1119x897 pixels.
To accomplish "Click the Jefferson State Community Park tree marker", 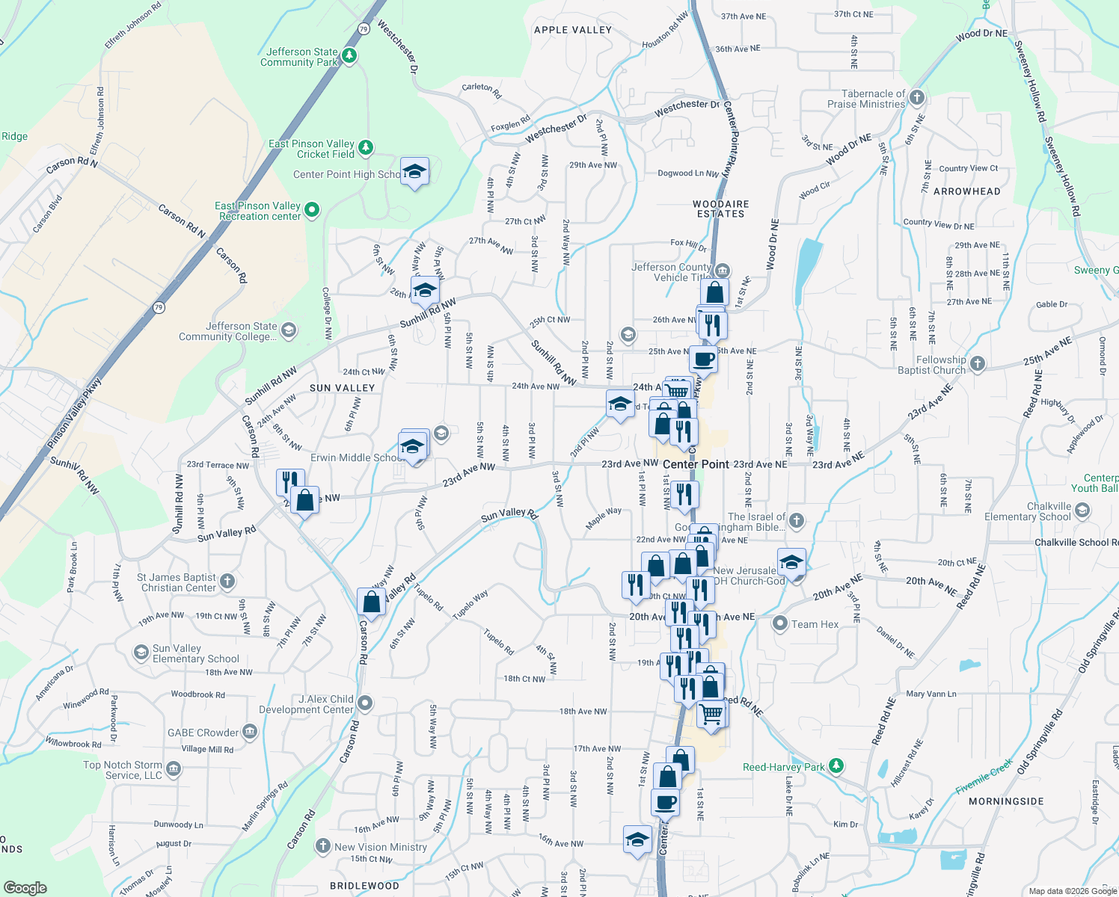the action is (x=349, y=56).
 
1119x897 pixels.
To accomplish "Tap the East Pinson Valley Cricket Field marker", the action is (x=365, y=147).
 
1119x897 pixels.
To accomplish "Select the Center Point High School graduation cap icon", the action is (x=414, y=173).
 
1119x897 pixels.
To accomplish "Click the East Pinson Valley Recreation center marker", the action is (x=312, y=211).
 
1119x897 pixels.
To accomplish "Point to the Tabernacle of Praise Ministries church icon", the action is (x=916, y=98).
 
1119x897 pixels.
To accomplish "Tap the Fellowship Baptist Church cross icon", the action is (x=977, y=364).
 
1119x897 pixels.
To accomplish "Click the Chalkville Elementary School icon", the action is (x=1082, y=511).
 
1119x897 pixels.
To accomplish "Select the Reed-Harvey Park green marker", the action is (x=836, y=766).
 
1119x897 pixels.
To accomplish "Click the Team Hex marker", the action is (x=780, y=623).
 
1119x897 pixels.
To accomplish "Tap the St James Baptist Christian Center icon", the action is (x=227, y=582).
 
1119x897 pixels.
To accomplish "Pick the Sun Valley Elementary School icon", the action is (x=141, y=653).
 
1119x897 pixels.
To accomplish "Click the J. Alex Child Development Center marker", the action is (x=365, y=703).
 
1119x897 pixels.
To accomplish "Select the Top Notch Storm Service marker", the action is (x=174, y=769).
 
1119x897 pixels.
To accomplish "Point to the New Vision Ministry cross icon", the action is (x=322, y=846).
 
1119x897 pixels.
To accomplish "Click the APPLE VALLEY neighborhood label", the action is (x=573, y=30).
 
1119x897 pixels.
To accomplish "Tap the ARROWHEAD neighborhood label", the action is (x=966, y=191).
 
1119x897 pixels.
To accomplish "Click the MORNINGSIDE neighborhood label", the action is (x=1006, y=801).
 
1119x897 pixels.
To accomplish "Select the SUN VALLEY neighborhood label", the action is (x=342, y=388).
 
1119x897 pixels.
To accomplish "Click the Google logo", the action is (x=25, y=888).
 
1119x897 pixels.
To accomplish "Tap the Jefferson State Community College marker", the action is (x=289, y=330).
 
